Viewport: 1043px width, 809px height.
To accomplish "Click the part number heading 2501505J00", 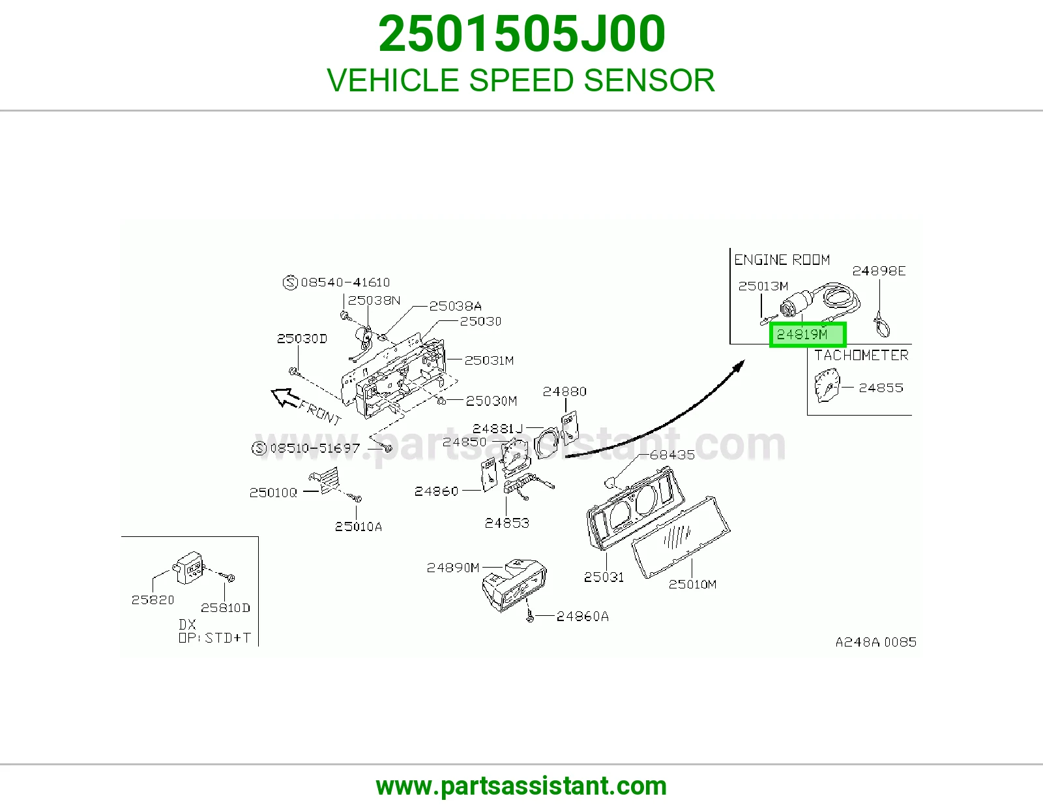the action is pos(521,34).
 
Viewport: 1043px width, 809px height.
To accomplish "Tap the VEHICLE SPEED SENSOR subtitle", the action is pos(521,80).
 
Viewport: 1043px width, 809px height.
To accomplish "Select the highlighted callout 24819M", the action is pos(807,334).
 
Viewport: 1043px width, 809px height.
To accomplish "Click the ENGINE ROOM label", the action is pos(782,260).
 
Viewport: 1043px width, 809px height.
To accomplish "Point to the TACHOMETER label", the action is pos(861,356).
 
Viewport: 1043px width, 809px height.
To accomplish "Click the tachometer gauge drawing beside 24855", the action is pos(827,386).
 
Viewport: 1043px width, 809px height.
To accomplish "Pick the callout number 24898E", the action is pos(879,271).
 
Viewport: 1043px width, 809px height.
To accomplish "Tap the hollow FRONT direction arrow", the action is pos(286,397).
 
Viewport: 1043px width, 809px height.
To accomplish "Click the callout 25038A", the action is pos(455,306).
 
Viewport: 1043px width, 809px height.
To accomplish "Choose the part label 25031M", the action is pos(489,360).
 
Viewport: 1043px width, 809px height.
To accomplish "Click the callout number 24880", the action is pos(565,391).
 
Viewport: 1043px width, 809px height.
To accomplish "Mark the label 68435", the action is pos(672,455).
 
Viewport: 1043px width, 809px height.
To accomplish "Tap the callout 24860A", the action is pos(583,617).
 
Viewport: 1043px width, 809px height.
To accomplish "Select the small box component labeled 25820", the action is pos(188,568).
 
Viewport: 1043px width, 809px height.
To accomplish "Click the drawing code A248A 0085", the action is pos(876,642).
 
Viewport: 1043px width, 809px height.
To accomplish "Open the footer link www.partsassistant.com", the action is pos(521,786).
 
